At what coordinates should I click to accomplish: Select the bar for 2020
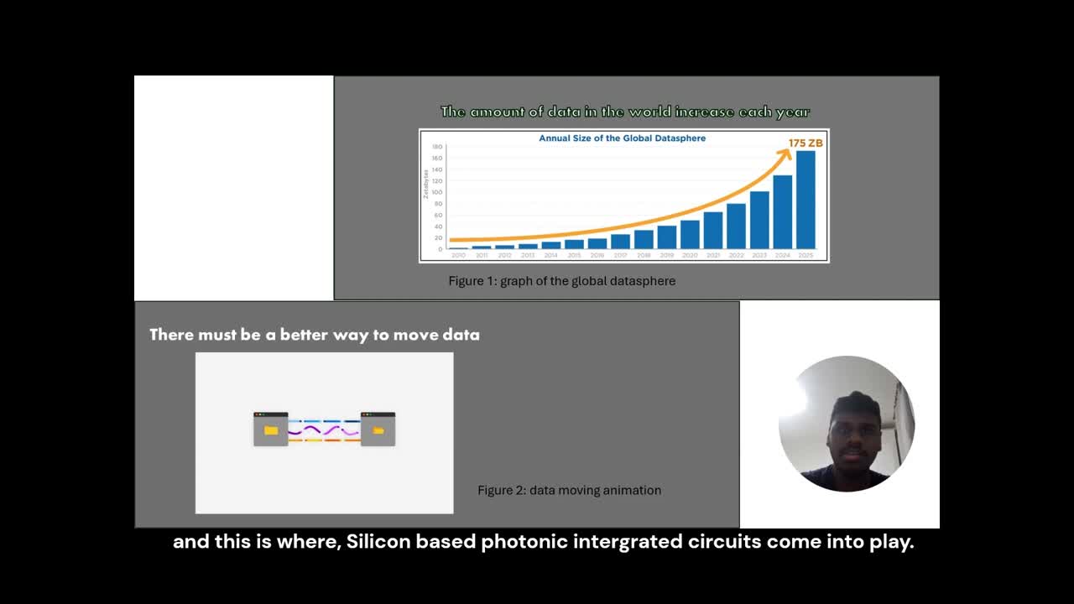click(x=690, y=234)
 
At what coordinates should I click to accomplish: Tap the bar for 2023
click(x=759, y=220)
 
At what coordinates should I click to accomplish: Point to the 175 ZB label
click(x=805, y=143)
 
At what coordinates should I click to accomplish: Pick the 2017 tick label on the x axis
click(x=620, y=255)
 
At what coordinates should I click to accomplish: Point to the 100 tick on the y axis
click(x=437, y=192)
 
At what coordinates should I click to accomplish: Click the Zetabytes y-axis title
click(x=426, y=184)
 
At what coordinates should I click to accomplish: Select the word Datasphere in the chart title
click(x=676, y=138)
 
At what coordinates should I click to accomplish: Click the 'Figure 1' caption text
click(x=561, y=281)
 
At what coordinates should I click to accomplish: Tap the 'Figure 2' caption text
click(x=569, y=490)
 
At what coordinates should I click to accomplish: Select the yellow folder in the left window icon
click(x=270, y=430)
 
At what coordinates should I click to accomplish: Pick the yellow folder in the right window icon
click(x=378, y=430)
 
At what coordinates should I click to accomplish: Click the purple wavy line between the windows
click(x=324, y=430)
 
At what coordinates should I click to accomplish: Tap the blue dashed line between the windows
click(x=324, y=421)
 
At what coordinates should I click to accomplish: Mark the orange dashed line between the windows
click(x=324, y=440)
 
